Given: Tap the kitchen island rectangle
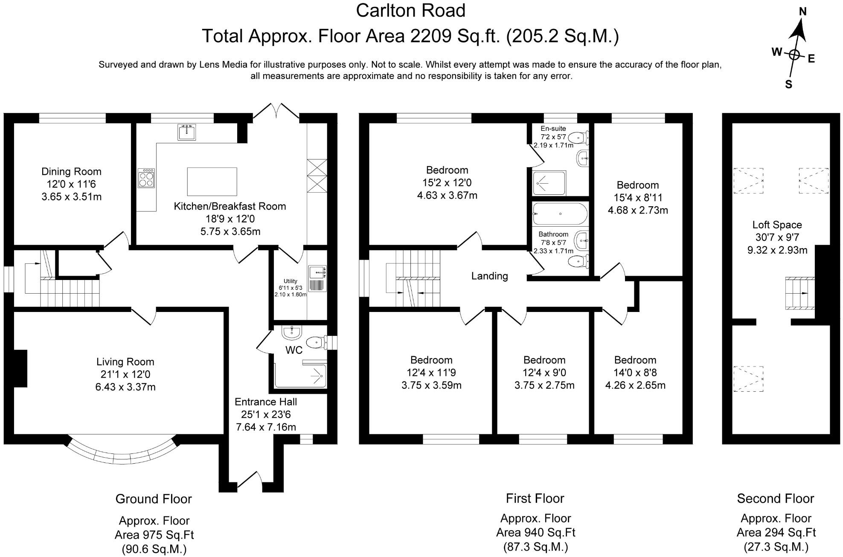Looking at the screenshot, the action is point(212,182).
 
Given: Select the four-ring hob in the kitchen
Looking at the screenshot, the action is point(146,178).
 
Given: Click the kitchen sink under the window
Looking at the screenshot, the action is point(187,132).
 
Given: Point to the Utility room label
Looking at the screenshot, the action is point(291,281).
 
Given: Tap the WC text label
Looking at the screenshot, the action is point(294,350).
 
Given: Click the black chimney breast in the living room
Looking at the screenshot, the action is point(20,368).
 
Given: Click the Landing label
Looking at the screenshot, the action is point(490,276).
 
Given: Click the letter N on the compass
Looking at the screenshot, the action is point(802,12).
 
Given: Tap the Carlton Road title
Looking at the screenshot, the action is point(410,11).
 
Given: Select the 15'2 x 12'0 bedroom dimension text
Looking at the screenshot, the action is point(447,183).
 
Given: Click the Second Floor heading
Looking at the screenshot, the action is point(776,499).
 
